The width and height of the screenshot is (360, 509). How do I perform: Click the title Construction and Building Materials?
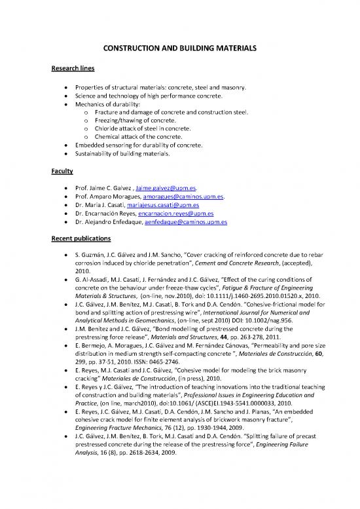180,48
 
